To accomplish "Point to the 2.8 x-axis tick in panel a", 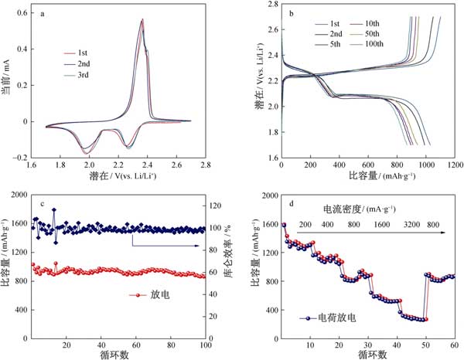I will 206,165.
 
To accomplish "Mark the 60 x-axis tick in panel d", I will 454,345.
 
